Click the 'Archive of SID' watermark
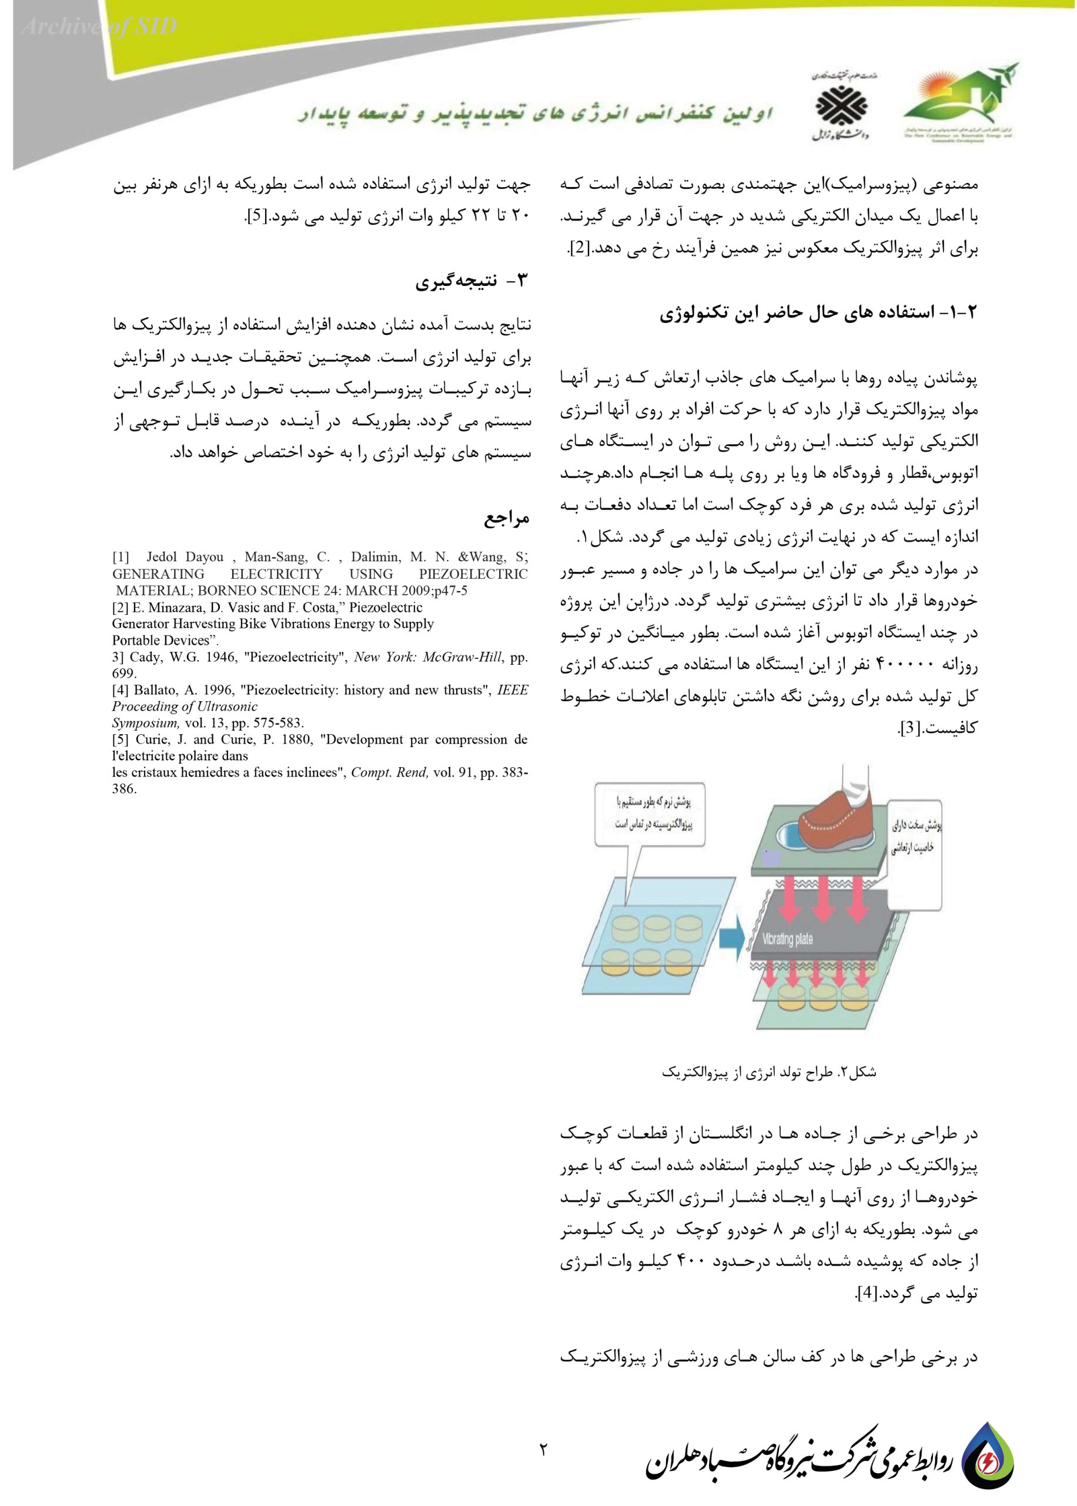click(x=99, y=27)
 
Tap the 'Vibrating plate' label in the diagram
click(x=787, y=939)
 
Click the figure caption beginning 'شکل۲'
click(x=770, y=1071)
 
